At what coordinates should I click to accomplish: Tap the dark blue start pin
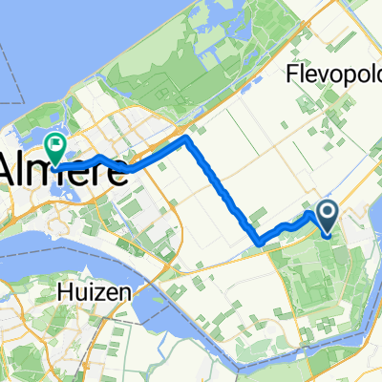click(327, 218)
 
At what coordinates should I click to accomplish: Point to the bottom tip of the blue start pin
click(327, 235)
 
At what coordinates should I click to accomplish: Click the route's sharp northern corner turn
click(188, 139)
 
